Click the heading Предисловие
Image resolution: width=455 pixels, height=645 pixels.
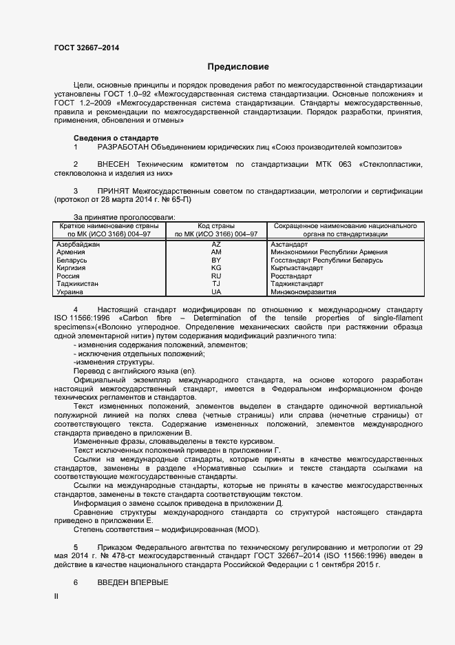(x=238, y=67)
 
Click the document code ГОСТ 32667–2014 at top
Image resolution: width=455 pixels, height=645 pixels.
(x=86, y=48)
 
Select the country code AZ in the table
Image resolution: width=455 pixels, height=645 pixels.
(x=216, y=245)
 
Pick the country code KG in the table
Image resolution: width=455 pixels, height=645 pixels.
(x=216, y=268)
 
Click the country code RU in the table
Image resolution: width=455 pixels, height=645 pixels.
(x=216, y=276)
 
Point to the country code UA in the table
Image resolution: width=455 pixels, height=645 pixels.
(x=216, y=291)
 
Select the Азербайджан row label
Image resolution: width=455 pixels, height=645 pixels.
(x=78, y=245)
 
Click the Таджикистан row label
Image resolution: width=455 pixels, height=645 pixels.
(x=77, y=284)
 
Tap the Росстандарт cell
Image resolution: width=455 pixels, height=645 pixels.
(x=293, y=276)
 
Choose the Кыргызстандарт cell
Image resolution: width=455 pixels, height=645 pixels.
(x=297, y=268)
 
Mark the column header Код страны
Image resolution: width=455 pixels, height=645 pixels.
(x=216, y=226)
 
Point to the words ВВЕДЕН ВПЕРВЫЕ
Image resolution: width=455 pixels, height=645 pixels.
(x=133, y=582)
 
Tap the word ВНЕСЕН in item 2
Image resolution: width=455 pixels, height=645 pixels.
(x=113, y=165)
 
